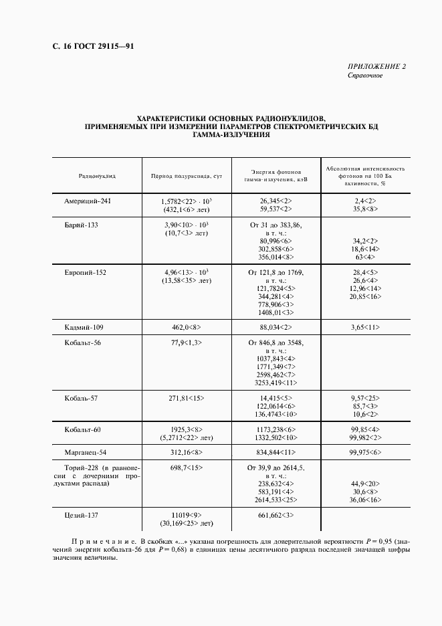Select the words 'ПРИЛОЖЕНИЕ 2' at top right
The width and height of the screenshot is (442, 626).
coord(376,66)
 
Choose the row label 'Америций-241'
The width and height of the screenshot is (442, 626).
coord(87,201)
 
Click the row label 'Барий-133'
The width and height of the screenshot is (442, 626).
coord(82,225)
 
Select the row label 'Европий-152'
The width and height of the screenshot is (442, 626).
coord(85,273)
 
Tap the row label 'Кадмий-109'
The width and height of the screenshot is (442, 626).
coord(84,327)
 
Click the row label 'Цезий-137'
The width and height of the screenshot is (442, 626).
coord(82,516)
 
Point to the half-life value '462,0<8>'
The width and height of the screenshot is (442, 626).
coord(187,327)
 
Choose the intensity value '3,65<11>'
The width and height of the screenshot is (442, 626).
coord(365,327)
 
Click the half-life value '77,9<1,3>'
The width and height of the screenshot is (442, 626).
coord(187,343)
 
